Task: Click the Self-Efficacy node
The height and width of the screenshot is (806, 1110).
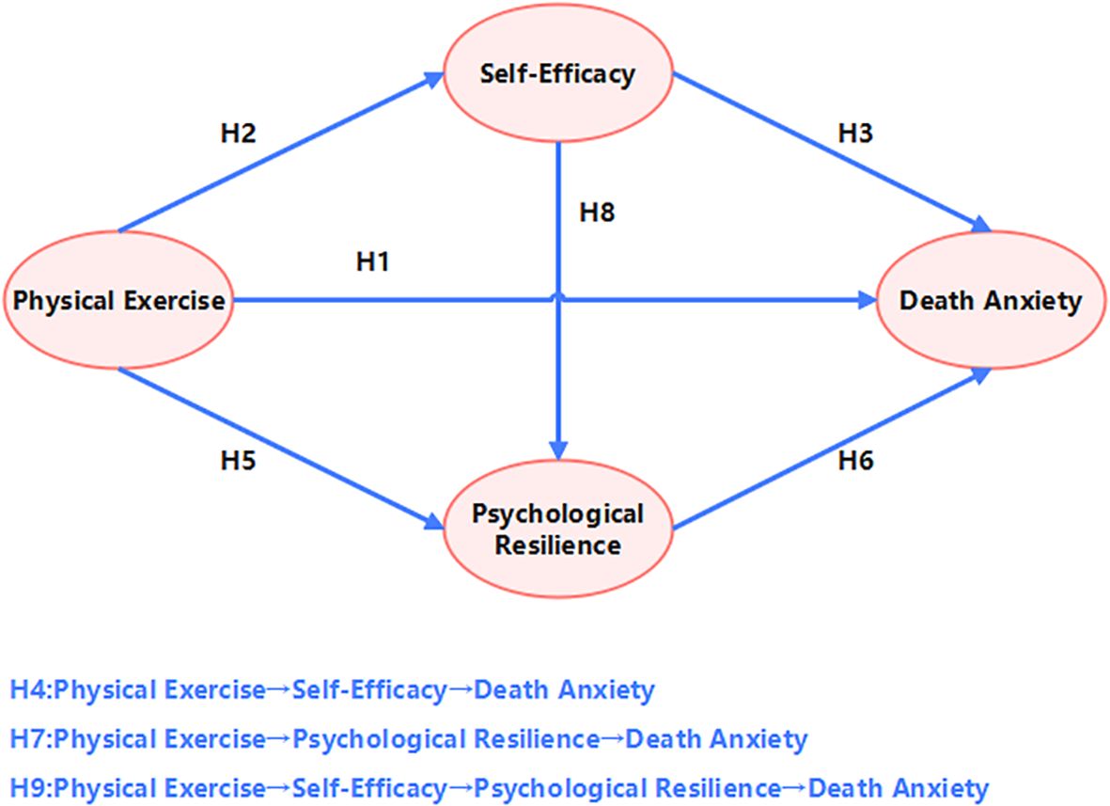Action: tap(557, 74)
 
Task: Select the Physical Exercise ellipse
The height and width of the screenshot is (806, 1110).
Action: tap(118, 301)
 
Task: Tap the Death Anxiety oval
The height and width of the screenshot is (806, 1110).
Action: tap(991, 301)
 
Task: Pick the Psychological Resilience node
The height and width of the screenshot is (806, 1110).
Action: tap(557, 529)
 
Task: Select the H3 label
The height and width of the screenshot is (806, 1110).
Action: tap(854, 134)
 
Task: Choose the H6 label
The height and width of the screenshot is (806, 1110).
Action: tap(854, 461)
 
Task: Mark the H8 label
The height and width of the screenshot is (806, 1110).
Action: tap(596, 213)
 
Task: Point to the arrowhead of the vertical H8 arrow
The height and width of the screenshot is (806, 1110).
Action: tap(560, 450)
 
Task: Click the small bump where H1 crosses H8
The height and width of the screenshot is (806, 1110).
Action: tap(560, 296)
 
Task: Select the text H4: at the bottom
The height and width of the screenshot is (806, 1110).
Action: tap(33, 690)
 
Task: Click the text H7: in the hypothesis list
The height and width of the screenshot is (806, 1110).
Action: tap(33, 739)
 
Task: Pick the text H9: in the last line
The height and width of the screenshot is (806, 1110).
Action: tap(33, 788)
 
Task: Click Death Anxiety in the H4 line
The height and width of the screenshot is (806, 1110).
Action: tap(564, 690)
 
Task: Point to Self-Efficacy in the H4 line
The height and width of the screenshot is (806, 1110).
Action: tap(369, 690)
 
